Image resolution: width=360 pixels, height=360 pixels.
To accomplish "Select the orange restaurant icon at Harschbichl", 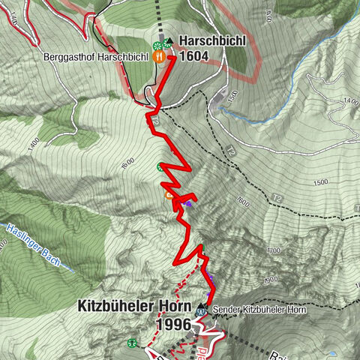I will [x=159, y=55].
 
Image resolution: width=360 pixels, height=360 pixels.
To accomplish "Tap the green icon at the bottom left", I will [x=132, y=343].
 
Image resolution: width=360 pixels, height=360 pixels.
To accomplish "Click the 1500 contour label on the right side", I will [x=321, y=182].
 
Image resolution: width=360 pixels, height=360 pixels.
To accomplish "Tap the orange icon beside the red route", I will [x=169, y=196].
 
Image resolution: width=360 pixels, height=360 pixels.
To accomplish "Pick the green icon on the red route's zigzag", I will [x=160, y=167].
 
